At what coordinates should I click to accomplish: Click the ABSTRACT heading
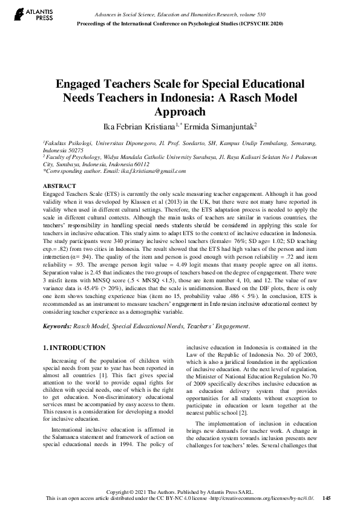click(x=59, y=185)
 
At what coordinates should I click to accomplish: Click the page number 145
click(x=327, y=498)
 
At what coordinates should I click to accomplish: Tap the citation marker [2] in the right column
click(x=260, y=412)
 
